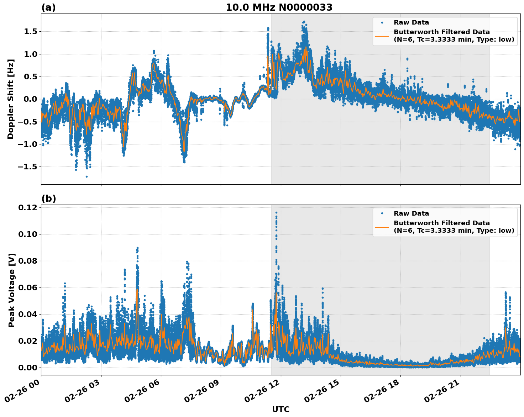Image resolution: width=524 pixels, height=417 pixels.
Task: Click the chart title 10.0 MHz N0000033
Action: coord(279,7)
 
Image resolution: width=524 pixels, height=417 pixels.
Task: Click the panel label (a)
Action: coord(48,7)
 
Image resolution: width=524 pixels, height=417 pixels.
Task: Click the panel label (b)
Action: coord(48,199)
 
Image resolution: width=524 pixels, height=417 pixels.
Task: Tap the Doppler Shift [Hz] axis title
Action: coord(11,99)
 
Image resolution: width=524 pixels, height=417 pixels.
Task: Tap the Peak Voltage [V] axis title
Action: coord(12,290)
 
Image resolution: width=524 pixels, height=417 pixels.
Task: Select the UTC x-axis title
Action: coord(281,409)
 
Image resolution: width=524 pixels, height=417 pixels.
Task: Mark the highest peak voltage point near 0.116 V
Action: coord(276,212)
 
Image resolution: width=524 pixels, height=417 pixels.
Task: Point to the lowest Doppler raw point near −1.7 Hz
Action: coord(87,176)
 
